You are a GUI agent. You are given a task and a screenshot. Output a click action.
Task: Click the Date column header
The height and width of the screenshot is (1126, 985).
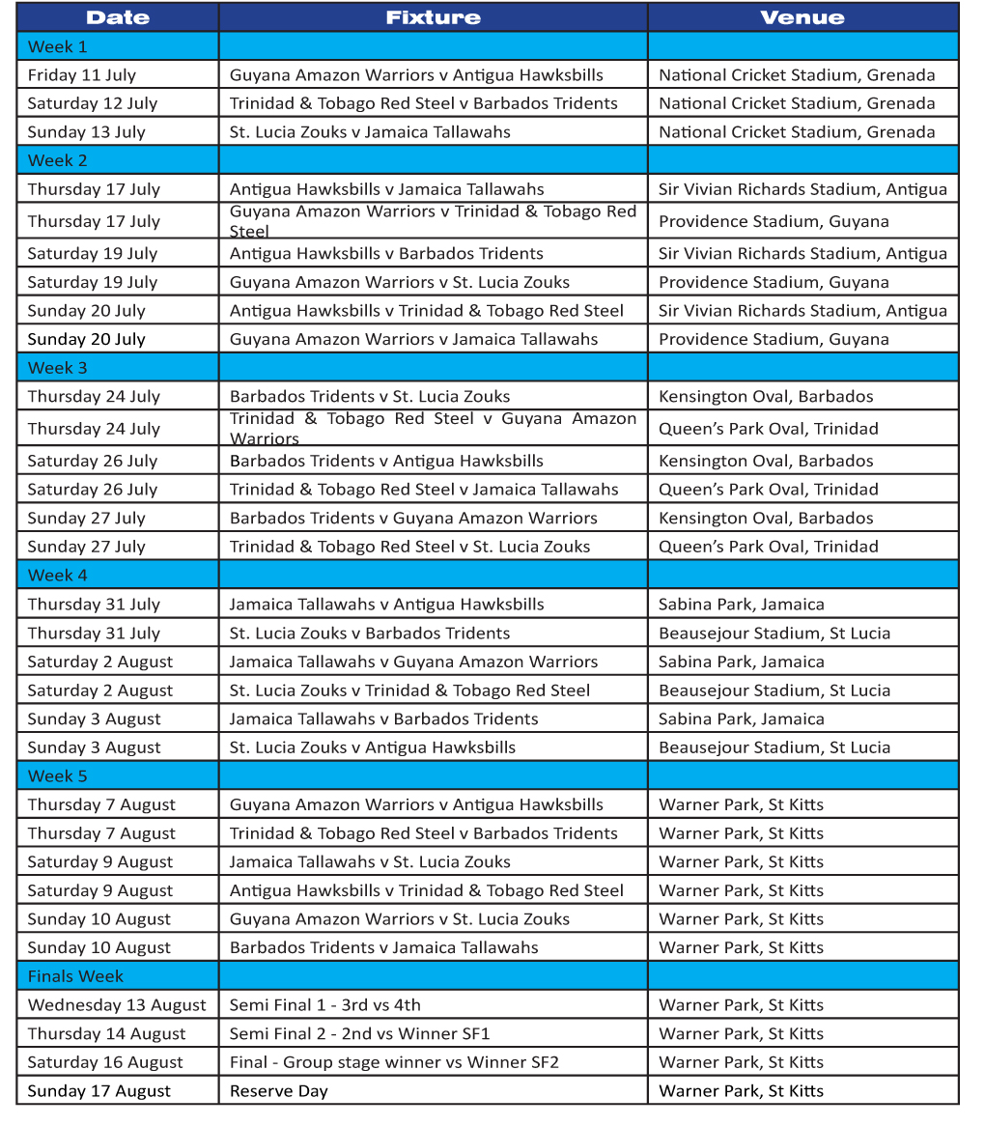coord(117,17)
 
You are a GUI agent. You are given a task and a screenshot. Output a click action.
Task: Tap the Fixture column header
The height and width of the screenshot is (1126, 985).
coord(433,17)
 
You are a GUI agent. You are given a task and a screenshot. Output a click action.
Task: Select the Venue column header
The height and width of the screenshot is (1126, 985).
coord(802,17)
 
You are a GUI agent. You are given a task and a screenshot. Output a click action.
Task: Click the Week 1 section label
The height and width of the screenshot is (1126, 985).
coord(57,46)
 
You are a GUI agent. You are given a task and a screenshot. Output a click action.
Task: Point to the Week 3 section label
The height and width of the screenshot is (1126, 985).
coord(57,368)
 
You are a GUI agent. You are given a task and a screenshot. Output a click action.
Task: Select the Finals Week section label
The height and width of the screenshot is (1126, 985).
coord(75,976)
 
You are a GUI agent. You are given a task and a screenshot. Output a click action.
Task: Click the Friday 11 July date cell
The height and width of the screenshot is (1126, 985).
coord(81,75)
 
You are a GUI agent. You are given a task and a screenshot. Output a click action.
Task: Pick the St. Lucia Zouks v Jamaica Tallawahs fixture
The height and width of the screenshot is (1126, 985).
coord(370,132)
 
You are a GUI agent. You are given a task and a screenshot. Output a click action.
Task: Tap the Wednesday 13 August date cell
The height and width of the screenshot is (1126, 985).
coord(117,1005)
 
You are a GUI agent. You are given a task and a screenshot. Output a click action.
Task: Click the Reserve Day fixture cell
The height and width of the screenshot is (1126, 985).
coord(279,1091)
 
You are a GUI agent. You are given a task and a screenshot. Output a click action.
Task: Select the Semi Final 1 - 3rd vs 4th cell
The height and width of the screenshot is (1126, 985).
coord(324,1005)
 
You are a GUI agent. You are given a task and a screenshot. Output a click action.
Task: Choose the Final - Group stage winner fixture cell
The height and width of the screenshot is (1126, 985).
coord(394,1062)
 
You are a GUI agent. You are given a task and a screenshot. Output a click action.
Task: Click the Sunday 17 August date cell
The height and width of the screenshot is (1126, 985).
coord(98,1091)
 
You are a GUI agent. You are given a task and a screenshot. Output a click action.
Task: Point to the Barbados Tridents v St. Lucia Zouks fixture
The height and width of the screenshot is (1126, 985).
coord(370,397)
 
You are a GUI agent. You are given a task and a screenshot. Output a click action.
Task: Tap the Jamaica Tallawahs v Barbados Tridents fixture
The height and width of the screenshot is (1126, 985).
coord(383,719)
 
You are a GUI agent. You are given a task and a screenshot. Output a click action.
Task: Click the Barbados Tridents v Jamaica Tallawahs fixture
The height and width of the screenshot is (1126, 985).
coord(383,948)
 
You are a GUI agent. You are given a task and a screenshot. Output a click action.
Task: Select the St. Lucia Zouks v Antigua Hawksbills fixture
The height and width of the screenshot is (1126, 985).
coord(372,747)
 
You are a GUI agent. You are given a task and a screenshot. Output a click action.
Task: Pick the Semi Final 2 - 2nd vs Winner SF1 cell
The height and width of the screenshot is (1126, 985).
coord(359,1034)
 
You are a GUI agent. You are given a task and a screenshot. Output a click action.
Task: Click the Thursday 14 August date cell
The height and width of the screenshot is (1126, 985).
coord(106,1034)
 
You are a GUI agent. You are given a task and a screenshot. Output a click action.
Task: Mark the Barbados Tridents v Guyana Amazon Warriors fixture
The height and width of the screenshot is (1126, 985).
coord(413,519)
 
